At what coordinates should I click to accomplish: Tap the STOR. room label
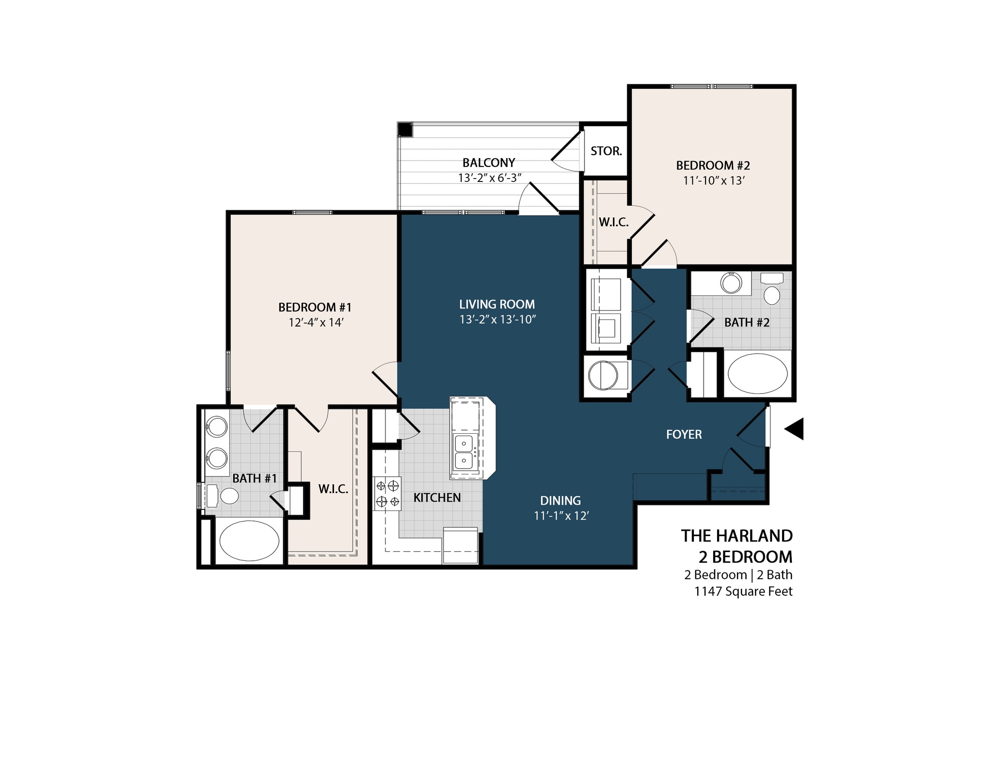click(x=606, y=151)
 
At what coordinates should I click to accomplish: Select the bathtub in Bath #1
click(x=249, y=540)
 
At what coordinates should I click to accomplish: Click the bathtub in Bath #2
click(x=757, y=374)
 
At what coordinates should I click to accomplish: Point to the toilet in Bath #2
click(x=771, y=294)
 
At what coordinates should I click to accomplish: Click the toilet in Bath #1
click(x=229, y=496)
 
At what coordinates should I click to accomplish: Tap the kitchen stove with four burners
click(x=387, y=493)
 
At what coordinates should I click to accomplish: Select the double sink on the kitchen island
click(x=464, y=452)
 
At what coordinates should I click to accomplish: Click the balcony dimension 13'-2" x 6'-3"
click(x=489, y=178)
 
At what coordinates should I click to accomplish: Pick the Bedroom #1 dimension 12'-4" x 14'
click(x=316, y=323)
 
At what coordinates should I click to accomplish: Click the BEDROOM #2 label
click(x=713, y=165)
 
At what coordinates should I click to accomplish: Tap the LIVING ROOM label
click(x=497, y=304)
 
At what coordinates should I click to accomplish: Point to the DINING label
click(x=561, y=500)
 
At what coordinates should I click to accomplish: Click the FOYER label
click(x=684, y=434)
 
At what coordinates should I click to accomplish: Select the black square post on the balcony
click(x=404, y=130)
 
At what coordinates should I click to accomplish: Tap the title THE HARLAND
click(x=736, y=536)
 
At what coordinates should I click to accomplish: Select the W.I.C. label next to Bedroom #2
click(x=613, y=222)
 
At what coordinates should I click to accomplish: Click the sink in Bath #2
click(x=731, y=283)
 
